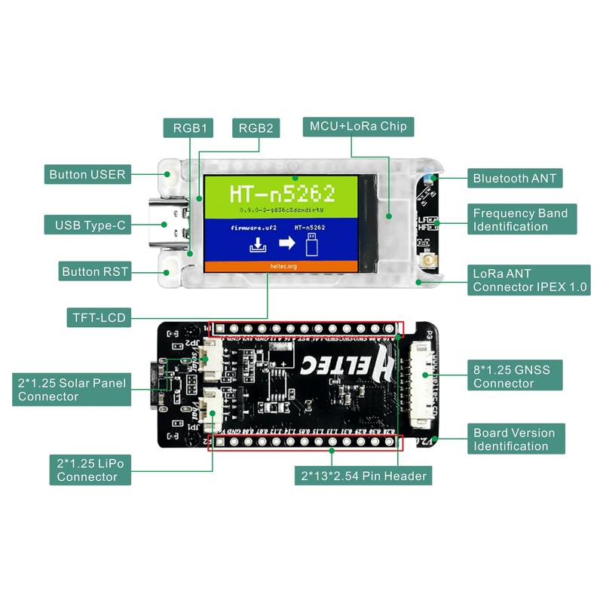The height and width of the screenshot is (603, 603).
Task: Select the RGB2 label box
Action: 256,127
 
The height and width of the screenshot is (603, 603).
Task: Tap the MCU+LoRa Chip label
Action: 358,127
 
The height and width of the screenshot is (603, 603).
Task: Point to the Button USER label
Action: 87,174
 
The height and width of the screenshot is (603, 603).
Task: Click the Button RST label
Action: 95,271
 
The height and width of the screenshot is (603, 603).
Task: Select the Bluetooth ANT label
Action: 515,179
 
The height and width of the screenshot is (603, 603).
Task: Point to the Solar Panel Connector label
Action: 71,390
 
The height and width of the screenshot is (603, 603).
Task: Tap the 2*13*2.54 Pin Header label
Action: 363,475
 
